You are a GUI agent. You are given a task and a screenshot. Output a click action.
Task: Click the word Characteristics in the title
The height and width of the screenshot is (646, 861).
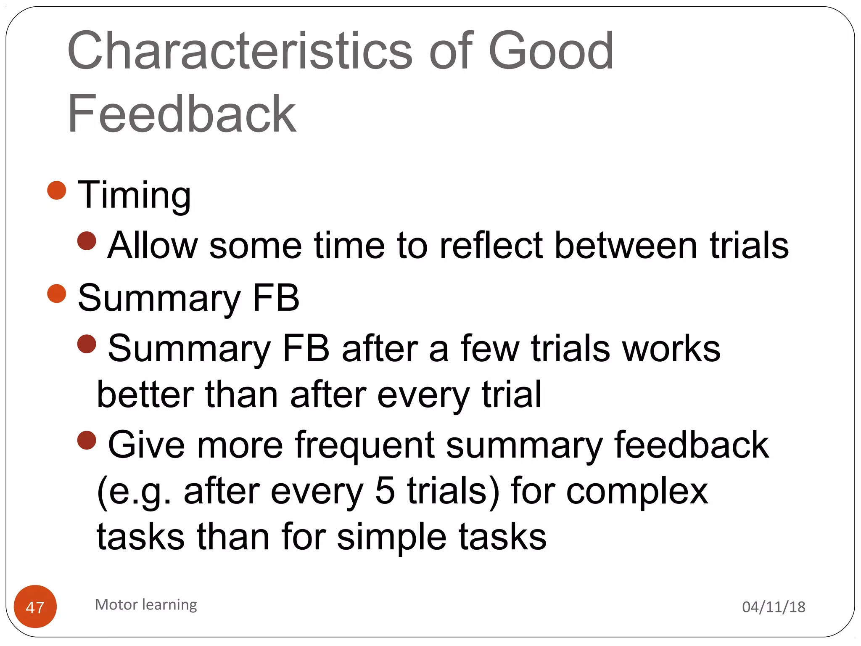click(x=240, y=52)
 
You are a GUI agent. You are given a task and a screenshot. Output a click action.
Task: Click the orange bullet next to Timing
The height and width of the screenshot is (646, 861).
click(x=57, y=191)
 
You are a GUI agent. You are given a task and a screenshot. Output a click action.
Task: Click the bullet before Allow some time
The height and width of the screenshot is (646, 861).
click(x=87, y=241)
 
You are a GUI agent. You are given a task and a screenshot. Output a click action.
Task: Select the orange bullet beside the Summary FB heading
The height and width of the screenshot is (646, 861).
click(x=57, y=294)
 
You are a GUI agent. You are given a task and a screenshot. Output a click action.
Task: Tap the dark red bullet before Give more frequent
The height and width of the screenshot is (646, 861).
click(x=87, y=440)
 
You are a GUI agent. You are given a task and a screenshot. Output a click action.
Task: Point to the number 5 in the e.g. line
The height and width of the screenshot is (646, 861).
click(x=385, y=491)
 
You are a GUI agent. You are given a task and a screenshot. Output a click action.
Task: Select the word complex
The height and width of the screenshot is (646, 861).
click(x=637, y=492)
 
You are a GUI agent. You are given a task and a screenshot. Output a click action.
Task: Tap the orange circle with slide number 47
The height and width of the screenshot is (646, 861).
click(x=35, y=606)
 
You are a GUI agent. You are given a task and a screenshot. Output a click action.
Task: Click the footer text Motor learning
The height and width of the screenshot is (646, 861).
click(x=146, y=605)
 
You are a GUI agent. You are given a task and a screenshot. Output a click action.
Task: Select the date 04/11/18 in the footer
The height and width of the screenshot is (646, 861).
click(x=774, y=607)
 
